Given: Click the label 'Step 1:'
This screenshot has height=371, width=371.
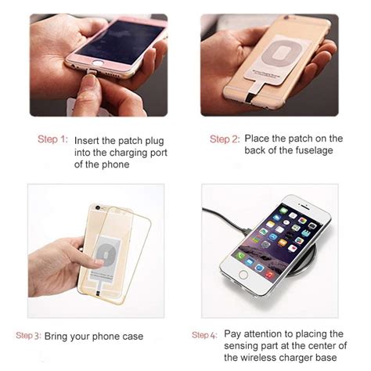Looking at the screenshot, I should click(52, 139).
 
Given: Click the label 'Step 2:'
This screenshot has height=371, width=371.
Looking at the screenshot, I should click(225, 139).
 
